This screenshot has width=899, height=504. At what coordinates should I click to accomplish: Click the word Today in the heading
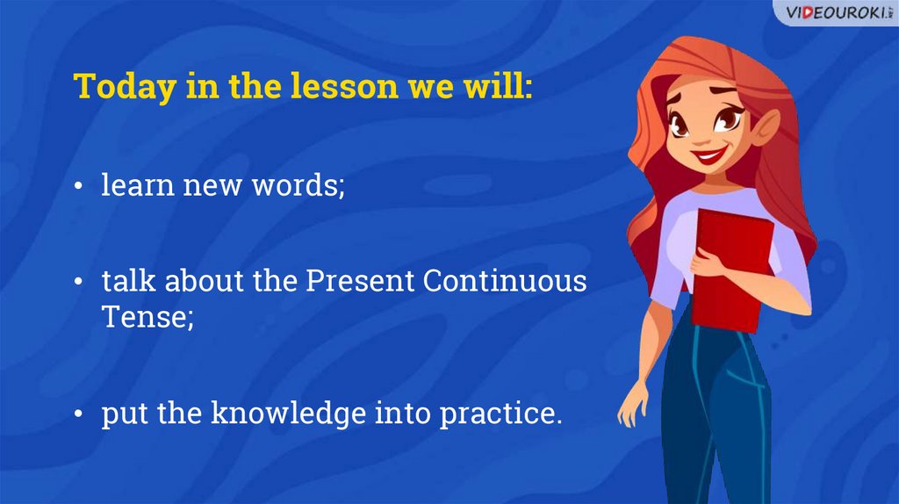[125, 88]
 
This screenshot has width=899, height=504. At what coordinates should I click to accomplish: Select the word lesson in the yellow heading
[344, 86]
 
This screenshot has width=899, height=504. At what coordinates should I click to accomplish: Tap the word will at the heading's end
[499, 86]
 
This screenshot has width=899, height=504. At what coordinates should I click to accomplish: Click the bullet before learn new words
[78, 186]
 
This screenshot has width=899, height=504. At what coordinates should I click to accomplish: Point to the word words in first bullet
[298, 185]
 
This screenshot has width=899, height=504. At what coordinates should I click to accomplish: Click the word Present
[360, 281]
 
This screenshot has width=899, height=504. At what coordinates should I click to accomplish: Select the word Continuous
[505, 281]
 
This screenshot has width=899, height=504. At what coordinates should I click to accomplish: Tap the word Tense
[147, 316]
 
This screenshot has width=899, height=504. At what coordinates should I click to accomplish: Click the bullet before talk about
[78, 282]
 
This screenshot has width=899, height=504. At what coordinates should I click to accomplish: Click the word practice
[500, 414]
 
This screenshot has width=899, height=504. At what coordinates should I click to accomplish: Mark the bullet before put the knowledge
[78, 414]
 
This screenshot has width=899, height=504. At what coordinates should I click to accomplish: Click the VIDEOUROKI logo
[838, 12]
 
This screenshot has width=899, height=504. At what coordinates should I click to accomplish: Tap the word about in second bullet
[204, 281]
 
